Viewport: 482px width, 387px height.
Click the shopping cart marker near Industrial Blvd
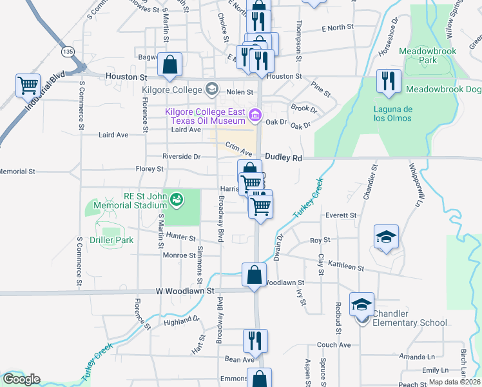coord(28,85)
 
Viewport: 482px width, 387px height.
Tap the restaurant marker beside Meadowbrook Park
coord(388,81)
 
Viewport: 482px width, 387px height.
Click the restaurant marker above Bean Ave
coord(255,341)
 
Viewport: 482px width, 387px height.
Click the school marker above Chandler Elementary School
coord(361,304)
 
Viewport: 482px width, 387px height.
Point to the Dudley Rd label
coord(284,157)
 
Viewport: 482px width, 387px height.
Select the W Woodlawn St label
coord(185,292)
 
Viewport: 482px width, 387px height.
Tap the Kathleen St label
coord(346,266)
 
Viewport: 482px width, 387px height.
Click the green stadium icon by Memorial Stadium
coord(175,199)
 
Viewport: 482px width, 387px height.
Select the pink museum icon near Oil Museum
coord(255,116)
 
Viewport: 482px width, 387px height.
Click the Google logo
coord(21,379)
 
